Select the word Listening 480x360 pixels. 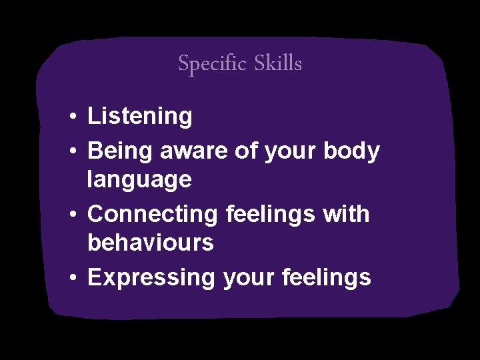click(x=140, y=117)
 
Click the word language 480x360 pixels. click(x=139, y=180)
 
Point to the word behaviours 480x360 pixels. click(x=151, y=243)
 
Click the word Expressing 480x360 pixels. click(x=151, y=278)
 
